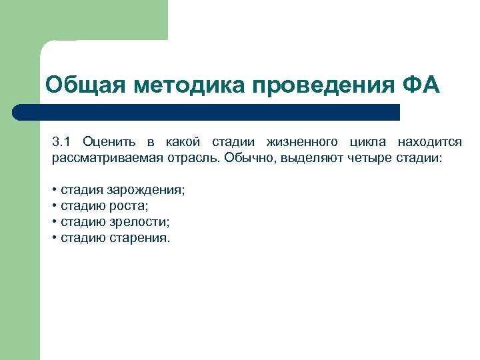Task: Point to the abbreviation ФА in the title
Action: coord(421,85)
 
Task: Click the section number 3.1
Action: coord(61,141)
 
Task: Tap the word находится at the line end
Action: coord(429,141)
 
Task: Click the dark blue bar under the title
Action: coord(213,111)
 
